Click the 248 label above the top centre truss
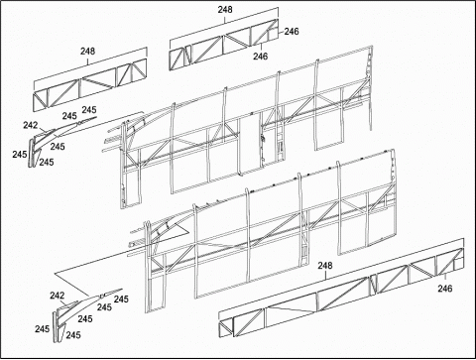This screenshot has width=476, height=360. click(225, 10)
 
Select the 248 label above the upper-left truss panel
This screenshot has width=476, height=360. click(87, 51)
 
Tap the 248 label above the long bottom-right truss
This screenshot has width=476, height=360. click(325, 266)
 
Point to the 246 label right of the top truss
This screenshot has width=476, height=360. click(292, 32)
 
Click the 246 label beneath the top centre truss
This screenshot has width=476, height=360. click(261, 57)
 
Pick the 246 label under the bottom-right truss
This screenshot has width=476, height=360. click(445, 289)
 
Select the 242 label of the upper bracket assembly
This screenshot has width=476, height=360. click(31, 125)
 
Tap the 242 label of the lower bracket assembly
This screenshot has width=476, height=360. click(58, 296)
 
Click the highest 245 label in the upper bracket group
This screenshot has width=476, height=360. click(89, 110)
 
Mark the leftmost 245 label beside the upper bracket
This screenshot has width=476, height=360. click(20, 154)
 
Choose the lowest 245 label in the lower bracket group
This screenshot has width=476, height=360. click(73, 335)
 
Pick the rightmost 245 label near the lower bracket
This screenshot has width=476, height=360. click(121, 300)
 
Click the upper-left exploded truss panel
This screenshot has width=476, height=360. click(90, 85)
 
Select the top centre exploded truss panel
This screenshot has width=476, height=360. click(224, 45)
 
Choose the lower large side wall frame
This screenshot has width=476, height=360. click(265, 231)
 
